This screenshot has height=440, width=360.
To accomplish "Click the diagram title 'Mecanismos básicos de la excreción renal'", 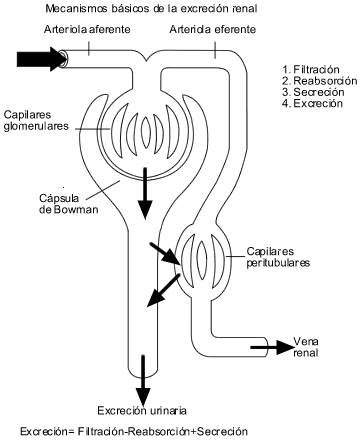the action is coord(151,9).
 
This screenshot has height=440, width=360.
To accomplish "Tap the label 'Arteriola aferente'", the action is coord(87,29).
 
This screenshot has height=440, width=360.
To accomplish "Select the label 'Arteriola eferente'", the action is coord(213,29).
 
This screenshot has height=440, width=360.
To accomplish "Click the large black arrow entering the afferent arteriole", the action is coord(42,59).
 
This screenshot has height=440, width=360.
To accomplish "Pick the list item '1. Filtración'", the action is coord(311,70).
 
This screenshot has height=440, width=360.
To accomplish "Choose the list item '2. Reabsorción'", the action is coord(319,81).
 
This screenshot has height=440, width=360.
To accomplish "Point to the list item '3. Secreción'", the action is coord(313,92).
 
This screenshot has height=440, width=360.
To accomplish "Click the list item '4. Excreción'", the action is coord(312,103).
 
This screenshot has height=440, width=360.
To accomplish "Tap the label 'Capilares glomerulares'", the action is coord(36,120).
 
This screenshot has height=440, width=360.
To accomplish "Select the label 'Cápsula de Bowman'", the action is coord(69,204).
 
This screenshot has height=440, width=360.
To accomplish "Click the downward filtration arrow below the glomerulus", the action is coord(145,193).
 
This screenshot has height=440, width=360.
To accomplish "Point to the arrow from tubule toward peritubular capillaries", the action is coord(165,254).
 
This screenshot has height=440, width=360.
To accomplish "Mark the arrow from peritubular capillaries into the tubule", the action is coord(164,290).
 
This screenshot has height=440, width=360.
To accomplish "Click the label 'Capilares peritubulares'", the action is coord(278,257).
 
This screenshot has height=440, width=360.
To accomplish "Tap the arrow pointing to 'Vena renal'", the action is coord(272,347).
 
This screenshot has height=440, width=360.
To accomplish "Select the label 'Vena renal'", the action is coord(306,347).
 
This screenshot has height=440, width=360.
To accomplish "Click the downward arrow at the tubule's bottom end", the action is coord(143,380).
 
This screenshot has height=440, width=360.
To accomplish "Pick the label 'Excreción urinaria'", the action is coord(142,411).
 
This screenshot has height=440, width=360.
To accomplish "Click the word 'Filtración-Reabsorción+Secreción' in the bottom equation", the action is coord(163,432).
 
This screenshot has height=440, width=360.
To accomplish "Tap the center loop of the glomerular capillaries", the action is coord(146,132).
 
